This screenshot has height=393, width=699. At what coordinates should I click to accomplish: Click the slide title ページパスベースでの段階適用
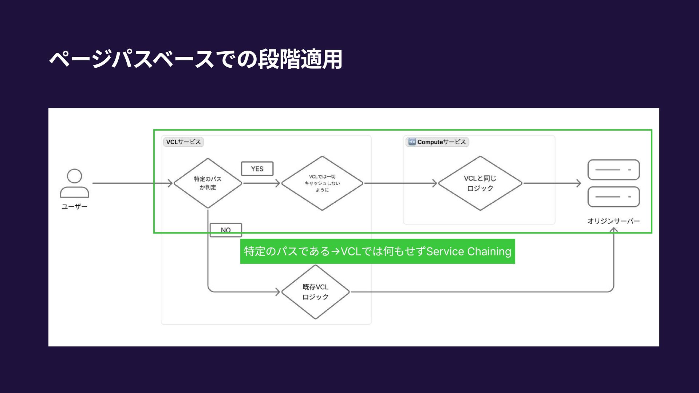[196, 59]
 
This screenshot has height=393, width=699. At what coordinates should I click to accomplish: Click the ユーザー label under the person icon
[75, 207]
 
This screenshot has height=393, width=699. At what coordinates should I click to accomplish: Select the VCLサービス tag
[183, 142]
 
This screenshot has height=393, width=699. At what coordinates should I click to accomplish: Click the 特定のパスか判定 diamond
[208, 183]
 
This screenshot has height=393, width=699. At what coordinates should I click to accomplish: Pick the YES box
[257, 169]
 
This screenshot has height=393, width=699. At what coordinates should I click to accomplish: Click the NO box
[226, 230]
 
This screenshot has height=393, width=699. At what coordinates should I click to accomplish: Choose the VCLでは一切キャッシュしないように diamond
[322, 183]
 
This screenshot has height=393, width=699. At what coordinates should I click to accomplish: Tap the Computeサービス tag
[441, 142]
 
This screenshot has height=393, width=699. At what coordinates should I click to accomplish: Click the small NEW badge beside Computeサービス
[412, 142]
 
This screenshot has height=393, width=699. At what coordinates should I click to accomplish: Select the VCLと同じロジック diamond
[480, 183]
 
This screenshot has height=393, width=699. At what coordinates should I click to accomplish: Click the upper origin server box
[613, 170]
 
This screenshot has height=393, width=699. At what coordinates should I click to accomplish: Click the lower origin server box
[613, 197]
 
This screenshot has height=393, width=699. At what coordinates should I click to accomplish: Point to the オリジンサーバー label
[613, 221]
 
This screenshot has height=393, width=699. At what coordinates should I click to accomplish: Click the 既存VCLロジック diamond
[315, 292]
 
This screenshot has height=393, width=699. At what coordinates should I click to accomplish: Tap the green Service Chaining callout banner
[378, 251]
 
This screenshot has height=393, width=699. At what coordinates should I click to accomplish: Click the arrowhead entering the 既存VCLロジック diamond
[277, 292]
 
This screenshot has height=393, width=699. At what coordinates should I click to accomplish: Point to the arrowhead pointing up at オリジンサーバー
[614, 230]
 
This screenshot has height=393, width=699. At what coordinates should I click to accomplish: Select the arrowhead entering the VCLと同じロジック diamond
[434, 183]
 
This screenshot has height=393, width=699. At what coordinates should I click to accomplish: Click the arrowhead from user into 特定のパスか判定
[170, 183]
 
